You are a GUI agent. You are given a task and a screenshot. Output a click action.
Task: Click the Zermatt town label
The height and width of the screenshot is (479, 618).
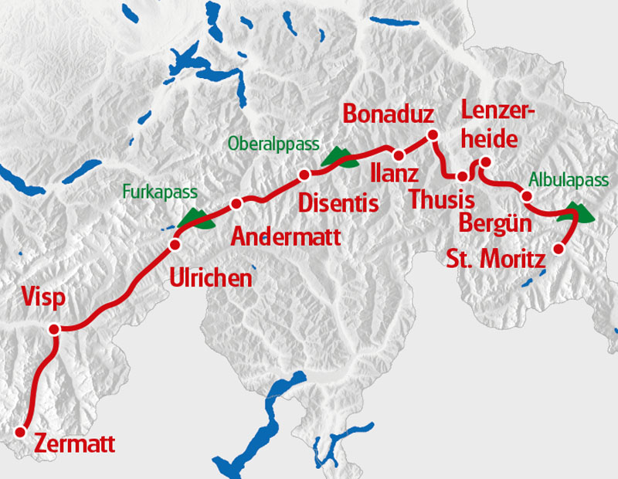click(x=75, y=444)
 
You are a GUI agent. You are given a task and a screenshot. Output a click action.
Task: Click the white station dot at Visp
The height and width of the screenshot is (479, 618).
click(x=54, y=330)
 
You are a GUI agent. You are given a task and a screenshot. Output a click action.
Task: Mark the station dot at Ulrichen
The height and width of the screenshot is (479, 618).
click(x=175, y=245)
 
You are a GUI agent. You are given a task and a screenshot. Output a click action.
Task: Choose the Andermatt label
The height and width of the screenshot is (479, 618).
click(x=286, y=236)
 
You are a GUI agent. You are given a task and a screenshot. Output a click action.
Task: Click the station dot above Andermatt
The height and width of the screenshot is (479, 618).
click(x=236, y=204)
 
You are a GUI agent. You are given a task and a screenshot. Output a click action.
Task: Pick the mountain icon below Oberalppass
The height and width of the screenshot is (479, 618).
click(x=339, y=157)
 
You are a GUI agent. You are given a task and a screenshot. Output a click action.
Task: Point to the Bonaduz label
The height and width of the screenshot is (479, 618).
click(x=389, y=114)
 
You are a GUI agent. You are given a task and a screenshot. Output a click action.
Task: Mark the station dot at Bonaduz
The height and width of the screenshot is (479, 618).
click(x=433, y=135)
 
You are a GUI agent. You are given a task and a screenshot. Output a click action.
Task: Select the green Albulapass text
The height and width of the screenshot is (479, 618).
click(x=569, y=179)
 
